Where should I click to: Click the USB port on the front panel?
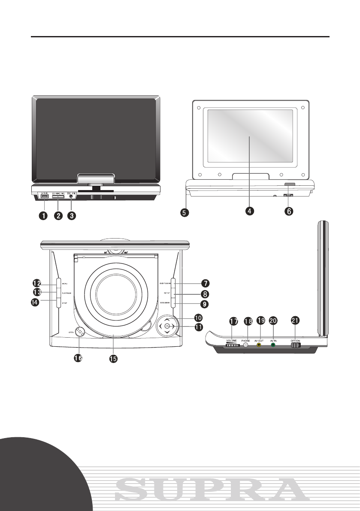(x=45, y=197)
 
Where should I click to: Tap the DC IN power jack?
(x=71, y=197)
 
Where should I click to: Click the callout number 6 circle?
(x=290, y=211)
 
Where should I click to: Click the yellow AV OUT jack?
(x=258, y=344)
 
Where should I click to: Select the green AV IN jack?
(x=273, y=344)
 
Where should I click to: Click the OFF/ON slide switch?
(x=296, y=345)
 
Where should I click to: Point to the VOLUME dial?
(x=232, y=345)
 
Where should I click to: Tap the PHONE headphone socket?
(x=245, y=344)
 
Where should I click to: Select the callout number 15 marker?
(x=113, y=357)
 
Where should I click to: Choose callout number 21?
(x=296, y=321)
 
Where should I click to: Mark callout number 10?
(x=199, y=318)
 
